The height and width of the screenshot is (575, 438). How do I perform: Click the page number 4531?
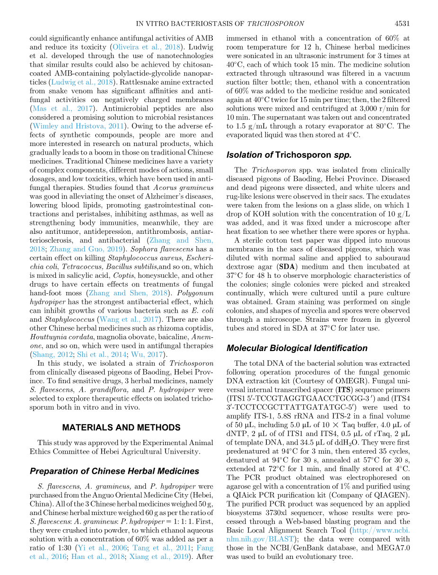pyautogui.click(x=402, y=24)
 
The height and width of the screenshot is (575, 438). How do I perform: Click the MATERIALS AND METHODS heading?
pyautogui.click(x=121, y=428)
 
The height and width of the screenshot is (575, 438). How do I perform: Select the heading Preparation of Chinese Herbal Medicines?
pyautogui.click(x=114, y=471)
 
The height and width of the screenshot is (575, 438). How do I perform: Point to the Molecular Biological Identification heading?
pyautogui.click(x=297, y=348)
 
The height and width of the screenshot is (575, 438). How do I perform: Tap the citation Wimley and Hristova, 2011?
pyautogui.click(x=78, y=126)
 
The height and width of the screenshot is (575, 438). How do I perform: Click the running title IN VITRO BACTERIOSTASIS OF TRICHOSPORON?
pyautogui.click(x=219, y=24)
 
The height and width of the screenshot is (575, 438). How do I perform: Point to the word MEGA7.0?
pyautogui.click(x=396, y=548)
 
